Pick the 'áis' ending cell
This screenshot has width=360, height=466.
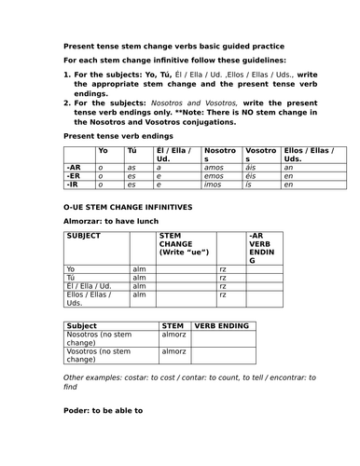coord(251,165)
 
